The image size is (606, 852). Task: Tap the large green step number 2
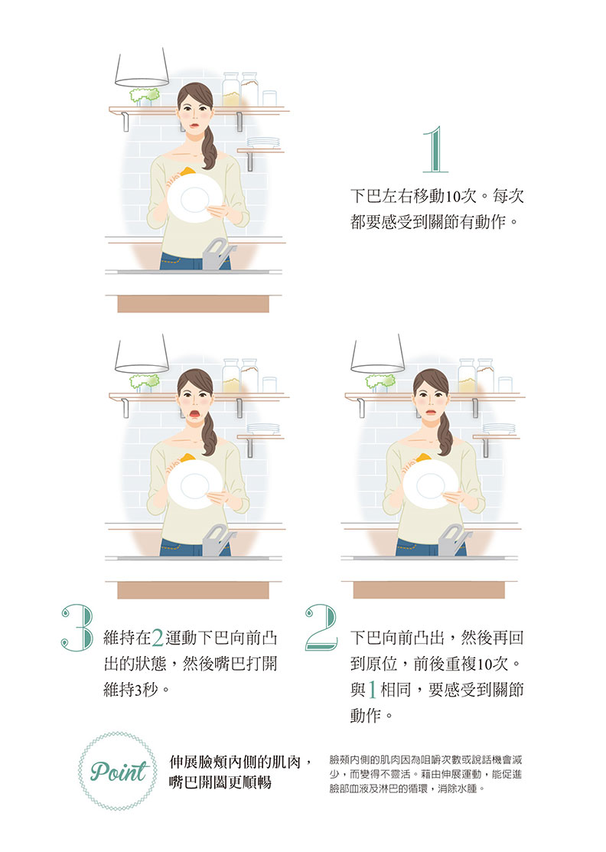tap(321, 627)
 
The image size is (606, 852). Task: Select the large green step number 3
tap(77, 628)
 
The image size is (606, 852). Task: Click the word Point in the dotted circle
tap(119, 772)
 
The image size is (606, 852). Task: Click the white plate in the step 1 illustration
tap(194, 197)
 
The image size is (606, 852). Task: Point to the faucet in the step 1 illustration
tap(218, 253)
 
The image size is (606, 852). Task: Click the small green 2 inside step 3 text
tap(158, 638)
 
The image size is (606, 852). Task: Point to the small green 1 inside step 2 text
tap(373, 690)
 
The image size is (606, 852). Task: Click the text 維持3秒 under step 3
tap(132, 690)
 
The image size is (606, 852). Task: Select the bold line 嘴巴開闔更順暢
tap(220, 782)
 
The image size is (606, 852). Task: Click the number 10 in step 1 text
tap(453, 197)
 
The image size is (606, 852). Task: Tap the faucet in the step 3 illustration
tap(218, 540)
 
